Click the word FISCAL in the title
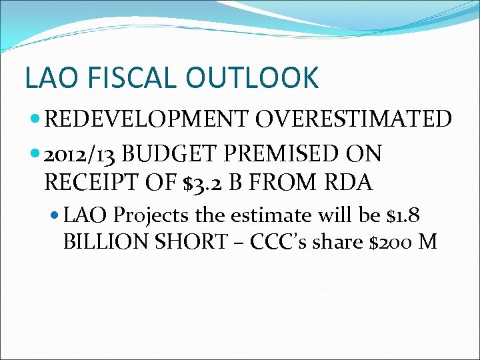(x=134, y=77)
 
